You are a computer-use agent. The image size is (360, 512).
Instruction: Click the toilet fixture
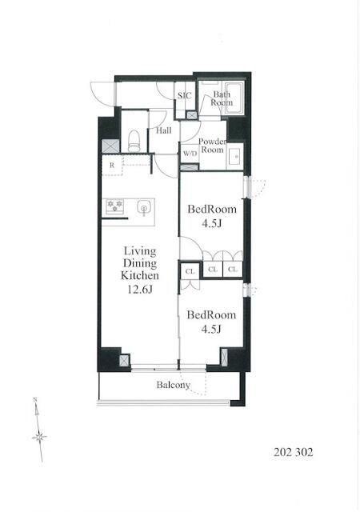[x=134, y=141]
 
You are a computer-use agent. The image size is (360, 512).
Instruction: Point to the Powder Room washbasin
[x=235, y=156]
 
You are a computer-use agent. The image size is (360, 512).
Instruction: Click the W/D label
[x=190, y=153]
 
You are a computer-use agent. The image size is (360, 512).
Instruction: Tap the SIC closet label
[x=185, y=96]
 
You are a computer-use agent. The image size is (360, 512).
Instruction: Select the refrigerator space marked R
[x=112, y=166]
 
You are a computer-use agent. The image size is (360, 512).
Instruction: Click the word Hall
[x=164, y=130]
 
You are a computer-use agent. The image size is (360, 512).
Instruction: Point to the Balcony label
[x=173, y=385]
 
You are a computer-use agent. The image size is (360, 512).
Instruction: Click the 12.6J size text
[x=140, y=289]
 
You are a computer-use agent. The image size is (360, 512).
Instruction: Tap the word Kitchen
[x=140, y=275]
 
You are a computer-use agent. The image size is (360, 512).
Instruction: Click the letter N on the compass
[x=35, y=400]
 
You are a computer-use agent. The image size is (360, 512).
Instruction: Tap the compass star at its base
[x=39, y=437]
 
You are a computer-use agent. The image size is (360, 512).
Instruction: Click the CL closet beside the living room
[x=190, y=271]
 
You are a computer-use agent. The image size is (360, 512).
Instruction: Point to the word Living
[x=140, y=251]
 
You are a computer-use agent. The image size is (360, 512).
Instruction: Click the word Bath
[x=222, y=94]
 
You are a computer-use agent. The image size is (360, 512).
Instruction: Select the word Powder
[x=213, y=142]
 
